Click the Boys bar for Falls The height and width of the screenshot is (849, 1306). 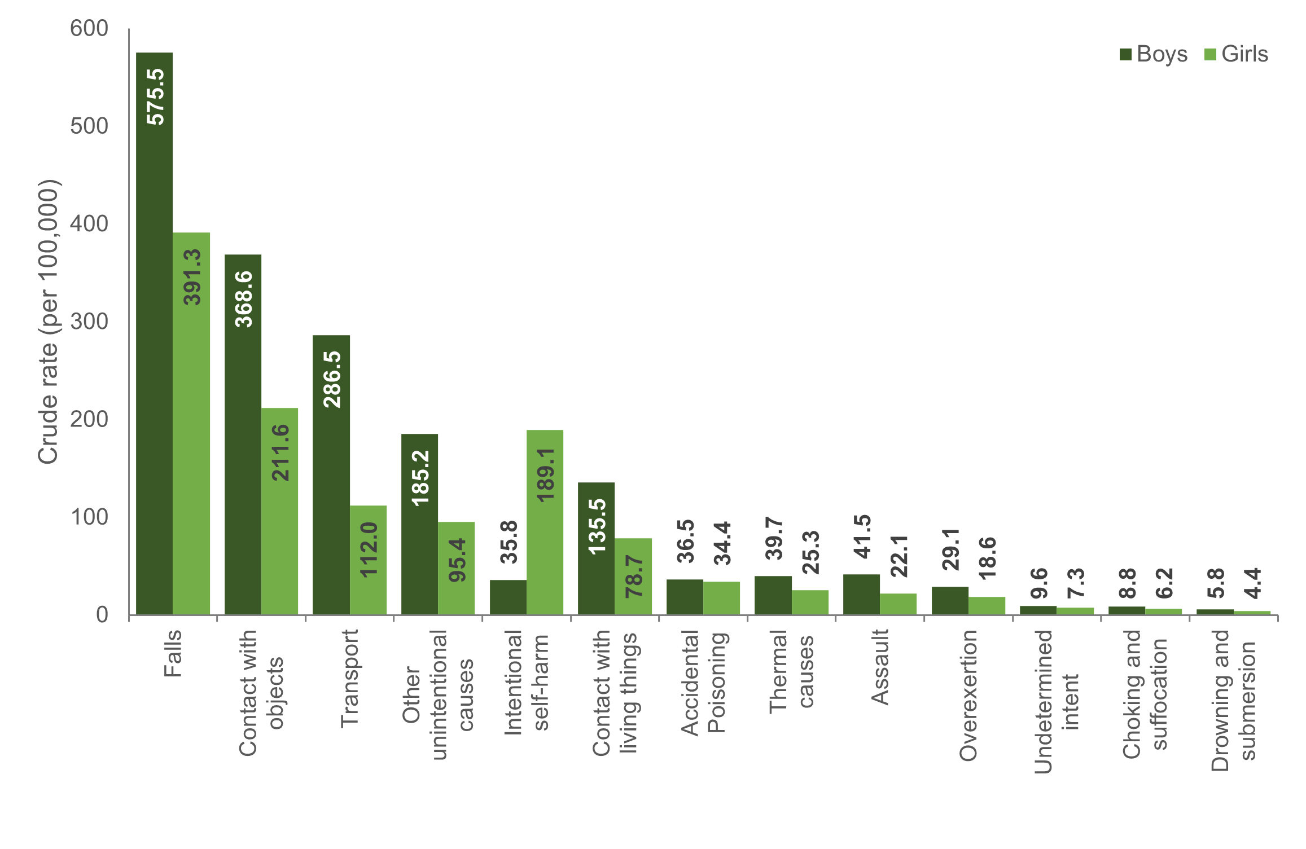[154, 333]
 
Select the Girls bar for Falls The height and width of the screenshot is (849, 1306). [191, 423]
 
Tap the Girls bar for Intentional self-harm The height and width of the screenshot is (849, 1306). [545, 522]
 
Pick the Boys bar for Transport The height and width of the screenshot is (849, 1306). [331, 474]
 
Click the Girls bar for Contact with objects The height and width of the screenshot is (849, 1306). [279, 511]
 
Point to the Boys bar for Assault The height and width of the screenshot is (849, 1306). [861, 594]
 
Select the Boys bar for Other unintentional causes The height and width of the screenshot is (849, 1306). [419, 524]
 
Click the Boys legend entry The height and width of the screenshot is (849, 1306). [1154, 54]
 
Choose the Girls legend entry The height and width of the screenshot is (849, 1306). [1236, 54]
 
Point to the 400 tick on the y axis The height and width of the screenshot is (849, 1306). [89, 223]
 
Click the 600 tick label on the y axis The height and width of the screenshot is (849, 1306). [89, 28]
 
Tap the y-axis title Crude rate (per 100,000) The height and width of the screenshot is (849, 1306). [48, 322]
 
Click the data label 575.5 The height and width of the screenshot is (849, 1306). [155, 96]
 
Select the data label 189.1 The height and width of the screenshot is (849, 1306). [546, 474]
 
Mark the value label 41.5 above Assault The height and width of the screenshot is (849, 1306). [862, 536]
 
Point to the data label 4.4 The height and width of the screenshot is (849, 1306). [1252, 583]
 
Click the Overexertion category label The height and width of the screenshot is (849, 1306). [968, 696]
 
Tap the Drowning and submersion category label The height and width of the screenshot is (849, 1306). [1234, 701]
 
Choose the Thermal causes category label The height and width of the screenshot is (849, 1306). [792, 672]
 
